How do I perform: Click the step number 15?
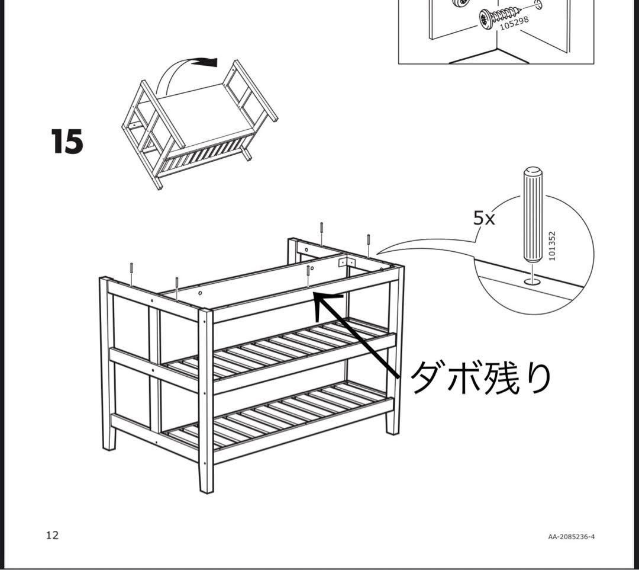[x=67, y=142]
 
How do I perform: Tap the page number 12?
[x=53, y=535]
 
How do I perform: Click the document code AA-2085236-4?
[x=571, y=537]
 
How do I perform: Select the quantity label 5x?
[x=484, y=218]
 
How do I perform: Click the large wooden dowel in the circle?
[x=531, y=216]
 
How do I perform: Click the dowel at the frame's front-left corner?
[x=131, y=274]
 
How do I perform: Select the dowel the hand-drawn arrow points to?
[x=309, y=276]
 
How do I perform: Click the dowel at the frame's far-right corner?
[x=368, y=244]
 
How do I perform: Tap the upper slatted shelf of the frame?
[x=278, y=350]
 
